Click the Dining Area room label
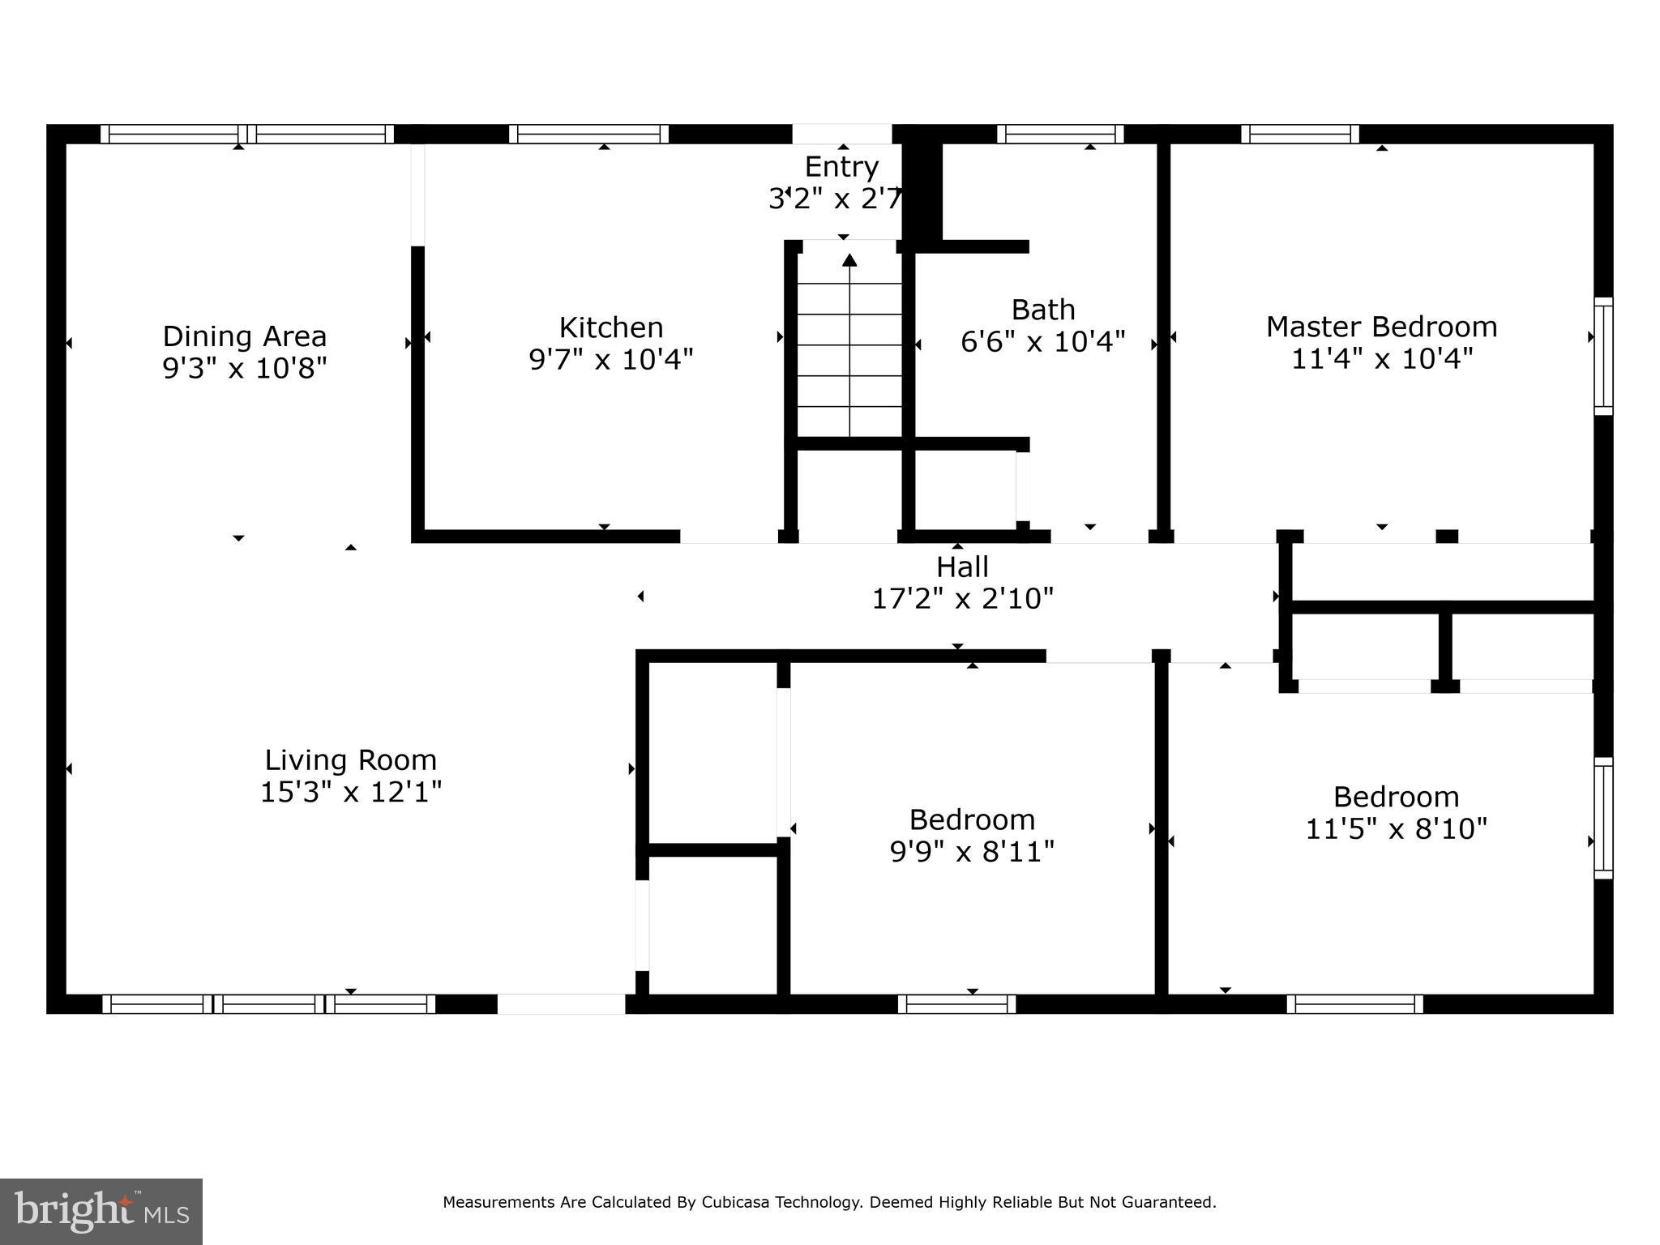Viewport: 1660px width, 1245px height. pyautogui.click(x=244, y=336)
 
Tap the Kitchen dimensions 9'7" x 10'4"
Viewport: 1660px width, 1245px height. pyautogui.click(x=611, y=359)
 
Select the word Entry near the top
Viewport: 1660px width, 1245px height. pyautogui.click(x=841, y=167)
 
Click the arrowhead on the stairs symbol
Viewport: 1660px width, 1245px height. pyautogui.click(x=849, y=260)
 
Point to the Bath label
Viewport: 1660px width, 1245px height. pyautogui.click(x=1043, y=310)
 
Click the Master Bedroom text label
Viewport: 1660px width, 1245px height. pyautogui.click(x=1381, y=327)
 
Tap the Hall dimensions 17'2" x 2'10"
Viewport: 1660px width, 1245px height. pyautogui.click(x=962, y=599)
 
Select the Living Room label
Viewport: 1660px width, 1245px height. pyautogui.click(x=350, y=760)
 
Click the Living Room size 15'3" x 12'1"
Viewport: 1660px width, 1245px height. pyautogui.click(x=350, y=792)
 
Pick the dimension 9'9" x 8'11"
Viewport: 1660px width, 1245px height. pyautogui.click(x=972, y=852)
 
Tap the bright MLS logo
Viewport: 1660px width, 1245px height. pyautogui.click(x=101, y=1211)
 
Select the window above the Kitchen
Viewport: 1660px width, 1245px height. pyautogui.click(x=588, y=134)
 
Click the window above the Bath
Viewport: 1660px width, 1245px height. pyautogui.click(x=1060, y=134)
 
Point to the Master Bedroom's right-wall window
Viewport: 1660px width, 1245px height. pyautogui.click(x=1602, y=356)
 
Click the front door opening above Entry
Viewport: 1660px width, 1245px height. pyautogui.click(x=841, y=134)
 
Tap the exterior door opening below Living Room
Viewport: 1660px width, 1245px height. pyautogui.click(x=561, y=1003)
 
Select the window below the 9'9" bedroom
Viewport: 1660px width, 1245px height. pyautogui.click(x=956, y=1003)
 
